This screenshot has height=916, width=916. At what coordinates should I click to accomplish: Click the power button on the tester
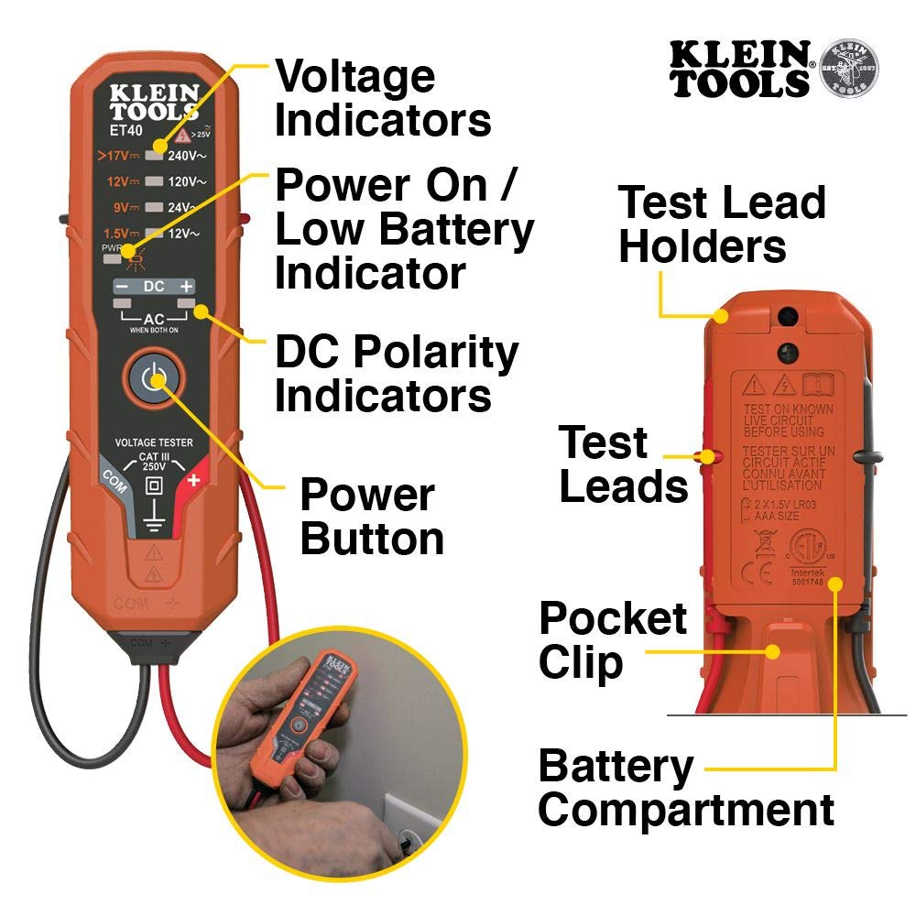pyautogui.click(x=154, y=380)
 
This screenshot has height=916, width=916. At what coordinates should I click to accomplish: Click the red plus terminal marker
pyautogui.click(x=193, y=479)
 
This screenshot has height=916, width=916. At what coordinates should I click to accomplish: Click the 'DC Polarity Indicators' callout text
pyautogui.click(x=396, y=375)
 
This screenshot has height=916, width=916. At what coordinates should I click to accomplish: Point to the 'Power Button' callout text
pyautogui.click(x=371, y=517)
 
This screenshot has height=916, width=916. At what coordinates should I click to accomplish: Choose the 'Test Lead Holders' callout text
pyautogui.click(x=722, y=224)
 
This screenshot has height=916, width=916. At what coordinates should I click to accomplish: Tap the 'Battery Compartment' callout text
pyautogui.click(x=685, y=788)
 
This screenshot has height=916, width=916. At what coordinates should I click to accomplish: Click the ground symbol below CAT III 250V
pyautogui.click(x=154, y=519)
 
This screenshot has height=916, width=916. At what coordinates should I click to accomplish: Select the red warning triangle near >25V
pyautogui.click(x=183, y=134)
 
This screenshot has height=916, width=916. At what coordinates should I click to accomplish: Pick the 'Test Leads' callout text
pyautogui.click(x=623, y=465)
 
